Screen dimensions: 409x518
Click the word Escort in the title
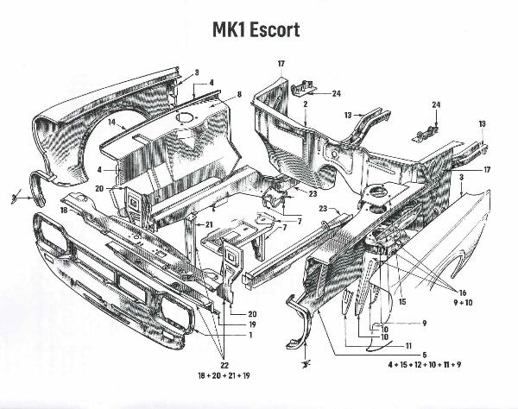[275, 29]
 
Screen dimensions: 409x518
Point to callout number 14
[111, 123]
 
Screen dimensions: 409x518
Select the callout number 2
[306, 104]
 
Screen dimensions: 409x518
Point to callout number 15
[401, 301]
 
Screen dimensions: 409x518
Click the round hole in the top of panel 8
[184, 115]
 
